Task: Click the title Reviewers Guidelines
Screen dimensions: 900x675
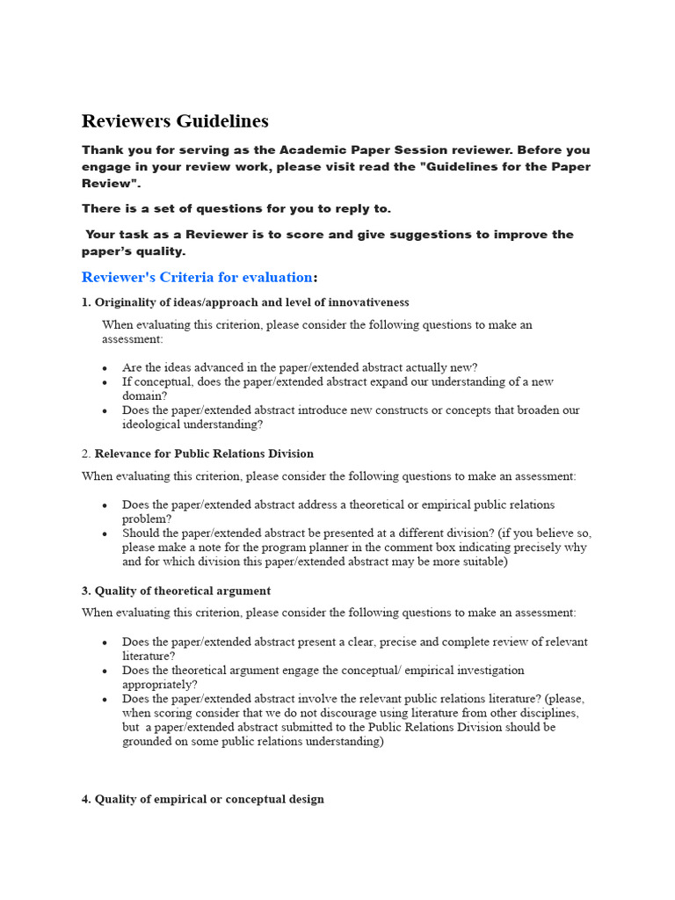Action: tap(175, 121)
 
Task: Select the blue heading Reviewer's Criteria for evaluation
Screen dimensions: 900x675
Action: tap(197, 278)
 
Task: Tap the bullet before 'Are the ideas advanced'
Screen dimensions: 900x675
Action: tap(105, 368)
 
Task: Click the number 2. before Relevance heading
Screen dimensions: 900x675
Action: tap(86, 454)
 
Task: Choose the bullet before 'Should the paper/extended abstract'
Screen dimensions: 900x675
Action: tap(105, 533)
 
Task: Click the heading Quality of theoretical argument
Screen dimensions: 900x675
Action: tap(182, 591)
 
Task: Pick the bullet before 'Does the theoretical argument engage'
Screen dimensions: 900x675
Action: tap(105, 671)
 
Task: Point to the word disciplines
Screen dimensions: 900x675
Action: tap(553, 713)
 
